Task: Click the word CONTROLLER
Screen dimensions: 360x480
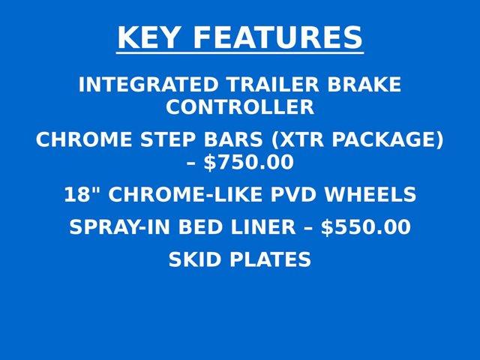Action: (x=240, y=107)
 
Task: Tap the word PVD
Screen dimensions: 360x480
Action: (x=292, y=195)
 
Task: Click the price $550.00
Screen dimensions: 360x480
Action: (x=366, y=228)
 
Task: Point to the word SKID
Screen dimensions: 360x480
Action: (x=194, y=260)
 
